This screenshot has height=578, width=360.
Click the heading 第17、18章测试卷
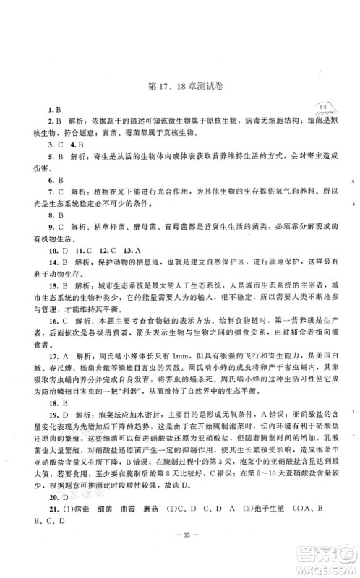pos(181,88)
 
